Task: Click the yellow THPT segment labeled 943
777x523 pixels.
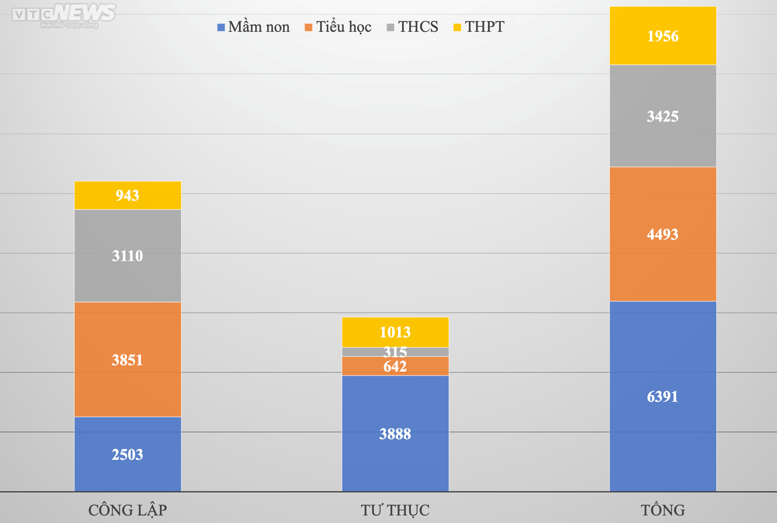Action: point(127,195)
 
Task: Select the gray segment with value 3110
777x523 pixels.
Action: point(127,256)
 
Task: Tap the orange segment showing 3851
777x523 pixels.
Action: point(127,360)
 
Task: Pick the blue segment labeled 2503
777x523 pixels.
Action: point(127,454)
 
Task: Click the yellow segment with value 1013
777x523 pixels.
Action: point(395,332)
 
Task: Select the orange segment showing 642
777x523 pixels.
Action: point(395,366)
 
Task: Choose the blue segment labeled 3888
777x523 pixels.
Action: point(395,434)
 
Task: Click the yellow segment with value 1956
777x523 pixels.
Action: point(662,36)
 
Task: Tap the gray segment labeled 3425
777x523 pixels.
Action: point(662,116)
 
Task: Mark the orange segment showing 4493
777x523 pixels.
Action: point(662,234)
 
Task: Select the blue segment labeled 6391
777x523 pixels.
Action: point(662,396)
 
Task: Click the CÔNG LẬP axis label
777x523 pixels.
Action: point(127,510)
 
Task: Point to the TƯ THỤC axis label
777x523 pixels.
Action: point(395,510)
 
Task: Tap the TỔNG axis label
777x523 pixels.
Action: point(662,510)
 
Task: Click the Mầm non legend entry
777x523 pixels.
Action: point(254,27)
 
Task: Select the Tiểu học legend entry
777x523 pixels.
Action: point(338,27)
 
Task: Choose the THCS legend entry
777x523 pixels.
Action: point(413,27)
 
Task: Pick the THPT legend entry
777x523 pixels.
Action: point(479,27)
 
